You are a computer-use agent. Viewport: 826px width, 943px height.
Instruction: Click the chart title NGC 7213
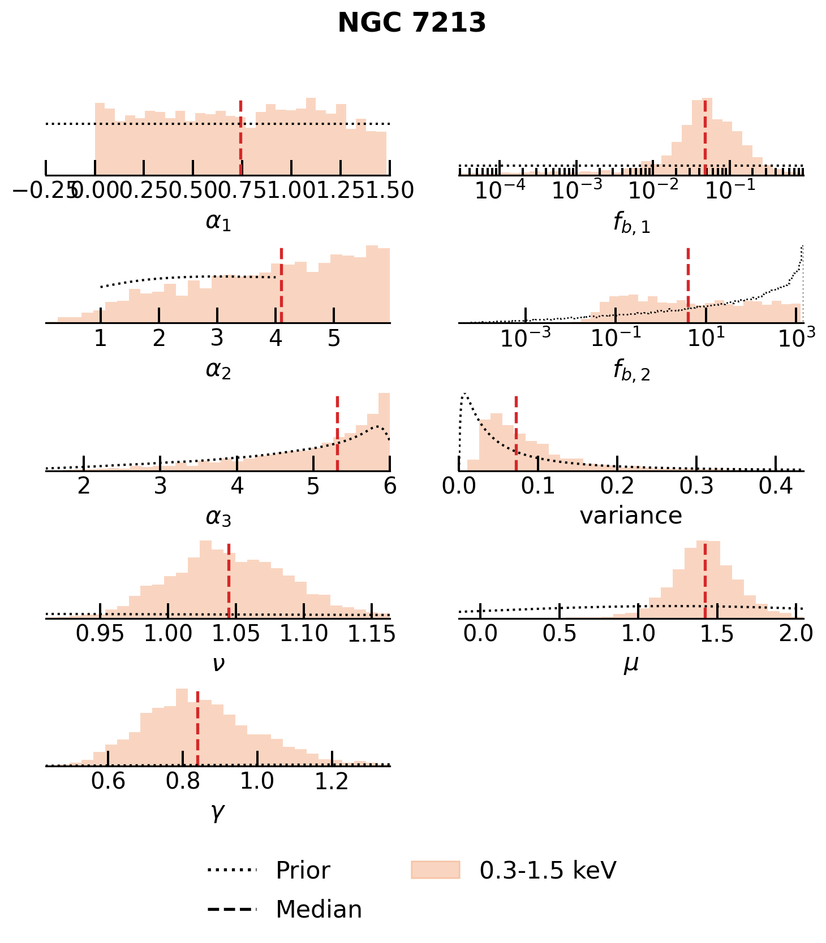(x=412, y=23)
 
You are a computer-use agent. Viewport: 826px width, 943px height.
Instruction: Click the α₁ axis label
(x=218, y=222)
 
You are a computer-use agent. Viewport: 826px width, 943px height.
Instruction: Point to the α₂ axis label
(x=218, y=370)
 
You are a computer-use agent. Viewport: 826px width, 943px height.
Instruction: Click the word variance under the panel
(x=631, y=516)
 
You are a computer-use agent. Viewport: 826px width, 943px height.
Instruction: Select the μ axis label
(x=631, y=663)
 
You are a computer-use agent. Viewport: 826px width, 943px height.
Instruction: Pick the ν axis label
(x=218, y=663)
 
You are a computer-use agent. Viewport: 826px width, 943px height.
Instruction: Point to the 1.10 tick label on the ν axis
(x=304, y=634)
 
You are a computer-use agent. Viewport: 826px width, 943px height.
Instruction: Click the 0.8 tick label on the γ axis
(x=183, y=781)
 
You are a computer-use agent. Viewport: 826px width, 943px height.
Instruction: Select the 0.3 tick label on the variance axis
(x=696, y=486)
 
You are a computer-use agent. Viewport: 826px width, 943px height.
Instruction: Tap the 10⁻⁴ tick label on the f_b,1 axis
(x=499, y=191)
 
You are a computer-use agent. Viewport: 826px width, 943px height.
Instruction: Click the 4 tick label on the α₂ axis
(x=276, y=338)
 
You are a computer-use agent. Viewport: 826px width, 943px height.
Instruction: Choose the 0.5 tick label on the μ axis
(x=560, y=634)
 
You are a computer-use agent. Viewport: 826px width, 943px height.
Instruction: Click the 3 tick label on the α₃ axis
(x=161, y=486)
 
